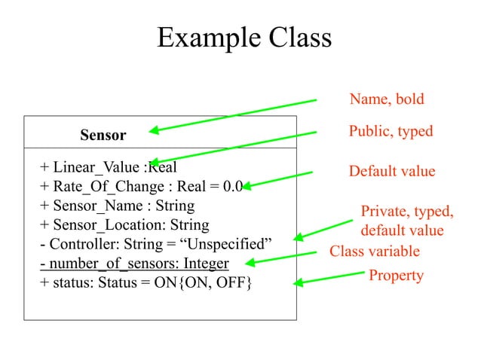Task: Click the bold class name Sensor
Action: (x=103, y=136)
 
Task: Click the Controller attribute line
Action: (x=155, y=245)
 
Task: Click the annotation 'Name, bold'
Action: (x=387, y=99)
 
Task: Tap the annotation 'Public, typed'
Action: (x=391, y=132)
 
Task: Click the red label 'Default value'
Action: (x=391, y=172)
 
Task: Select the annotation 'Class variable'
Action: (x=374, y=251)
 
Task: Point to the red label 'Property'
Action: (x=396, y=276)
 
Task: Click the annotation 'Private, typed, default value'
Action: (x=406, y=221)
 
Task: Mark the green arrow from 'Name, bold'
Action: (x=234, y=115)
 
